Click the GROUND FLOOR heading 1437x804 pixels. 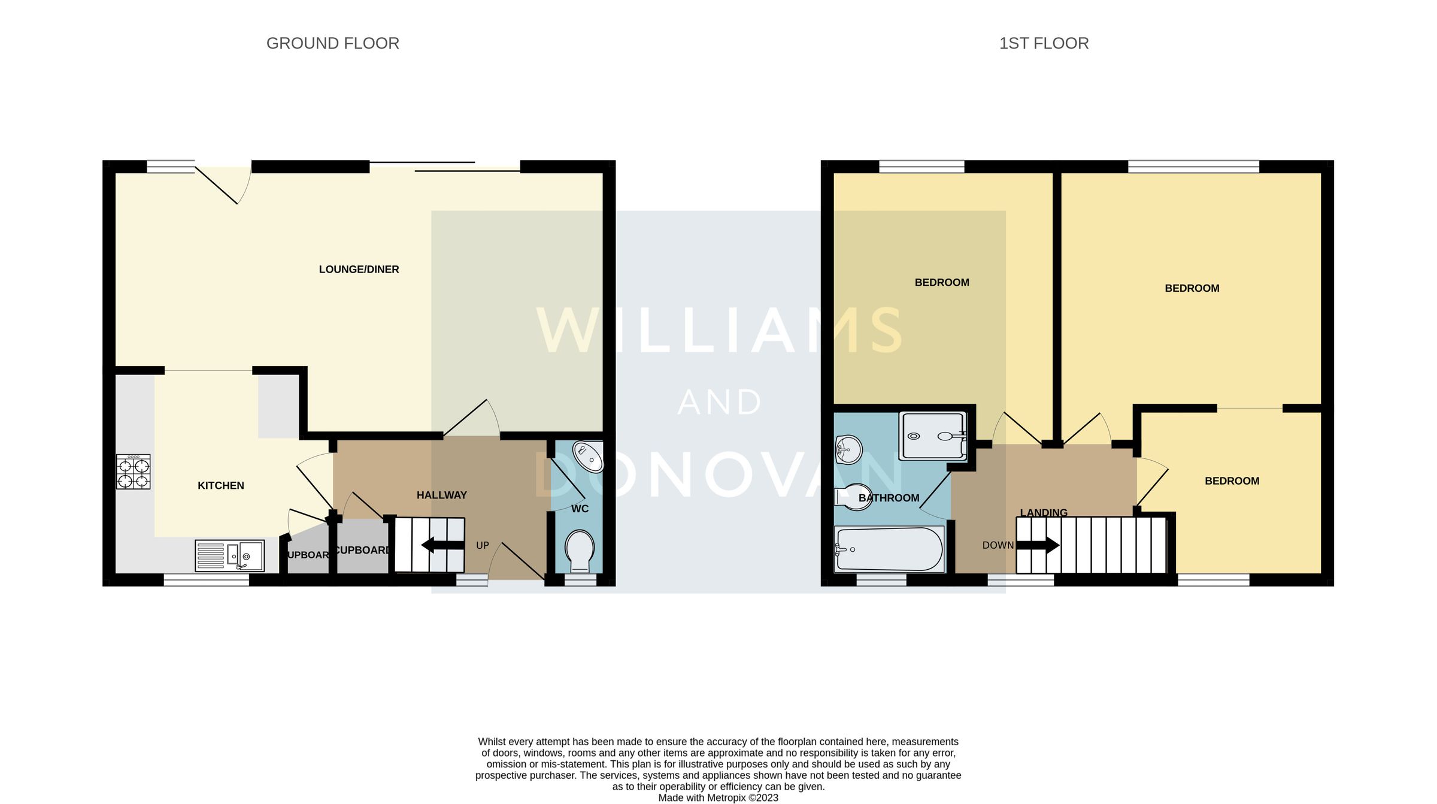point(332,43)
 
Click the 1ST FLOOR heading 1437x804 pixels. point(1044,43)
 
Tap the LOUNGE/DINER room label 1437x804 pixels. point(359,270)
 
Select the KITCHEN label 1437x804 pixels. point(221,486)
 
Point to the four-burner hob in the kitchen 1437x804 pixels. point(133,472)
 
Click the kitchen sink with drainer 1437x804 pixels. point(229,555)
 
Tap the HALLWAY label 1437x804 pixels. point(441,495)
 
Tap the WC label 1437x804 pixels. point(580,509)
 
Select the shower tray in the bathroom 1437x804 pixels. point(933,436)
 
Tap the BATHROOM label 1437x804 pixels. point(889,498)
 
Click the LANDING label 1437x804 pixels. point(1044,513)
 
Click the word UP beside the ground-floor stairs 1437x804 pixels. point(483,546)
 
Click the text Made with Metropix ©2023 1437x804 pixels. point(718,798)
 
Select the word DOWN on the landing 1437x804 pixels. point(998,546)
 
